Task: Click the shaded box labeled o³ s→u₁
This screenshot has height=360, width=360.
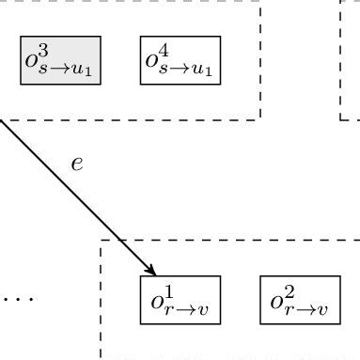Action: point(61,61)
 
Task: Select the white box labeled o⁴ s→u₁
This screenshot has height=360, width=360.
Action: point(180,61)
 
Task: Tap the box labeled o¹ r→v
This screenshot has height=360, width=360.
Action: point(180,300)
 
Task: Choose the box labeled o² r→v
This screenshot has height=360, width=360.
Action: point(300,300)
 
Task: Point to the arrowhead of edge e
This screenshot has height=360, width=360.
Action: point(149,270)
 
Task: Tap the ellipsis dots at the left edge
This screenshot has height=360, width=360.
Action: point(17,299)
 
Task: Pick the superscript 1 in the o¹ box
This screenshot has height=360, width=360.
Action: point(167,290)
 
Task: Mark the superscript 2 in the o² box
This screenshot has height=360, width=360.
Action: point(288,290)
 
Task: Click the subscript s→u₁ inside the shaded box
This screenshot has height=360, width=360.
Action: point(70,70)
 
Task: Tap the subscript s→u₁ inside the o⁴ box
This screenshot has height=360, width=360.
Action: point(189,70)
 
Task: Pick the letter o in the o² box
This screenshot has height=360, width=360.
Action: point(276,302)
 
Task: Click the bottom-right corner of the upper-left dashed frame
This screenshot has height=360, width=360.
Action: point(260,119)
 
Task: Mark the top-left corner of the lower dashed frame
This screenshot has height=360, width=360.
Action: point(101,241)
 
